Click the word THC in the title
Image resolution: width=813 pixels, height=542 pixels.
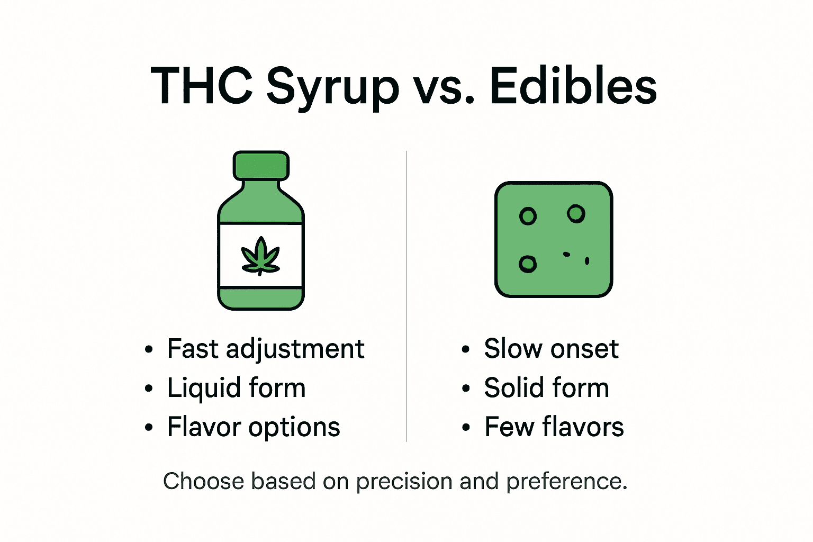pyautogui.click(x=202, y=86)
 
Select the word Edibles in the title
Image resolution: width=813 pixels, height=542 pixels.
pyautogui.click(x=573, y=86)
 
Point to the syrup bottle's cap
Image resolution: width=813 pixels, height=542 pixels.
pyautogui.click(x=261, y=165)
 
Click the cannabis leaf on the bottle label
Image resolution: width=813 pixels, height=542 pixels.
pyautogui.click(x=260, y=256)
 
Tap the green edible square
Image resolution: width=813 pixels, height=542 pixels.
pyautogui.click(x=554, y=240)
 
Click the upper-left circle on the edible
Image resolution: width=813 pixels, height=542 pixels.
pyautogui.click(x=528, y=216)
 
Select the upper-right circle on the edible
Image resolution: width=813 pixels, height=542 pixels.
pyautogui.click(x=576, y=214)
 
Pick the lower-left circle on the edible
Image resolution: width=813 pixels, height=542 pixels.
pyautogui.click(x=528, y=264)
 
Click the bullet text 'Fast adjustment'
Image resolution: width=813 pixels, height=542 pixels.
pyautogui.click(x=266, y=349)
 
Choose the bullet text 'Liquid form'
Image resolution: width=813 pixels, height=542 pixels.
pyautogui.click(x=236, y=388)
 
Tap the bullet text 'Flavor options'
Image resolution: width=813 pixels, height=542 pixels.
pyautogui.click(x=254, y=427)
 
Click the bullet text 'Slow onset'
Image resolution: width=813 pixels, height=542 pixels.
pyautogui.click(x=551, y=349)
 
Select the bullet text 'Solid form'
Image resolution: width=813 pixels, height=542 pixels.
pyautogui.click(x=546, y=388)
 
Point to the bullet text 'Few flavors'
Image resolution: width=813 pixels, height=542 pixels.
pyautogui.click(x=554, y=427)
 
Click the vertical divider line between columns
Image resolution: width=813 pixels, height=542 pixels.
pyautogui.click(x=406, y=296)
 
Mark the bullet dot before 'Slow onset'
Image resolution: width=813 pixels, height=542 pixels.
pyautogui.click(x=465, y=350)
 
